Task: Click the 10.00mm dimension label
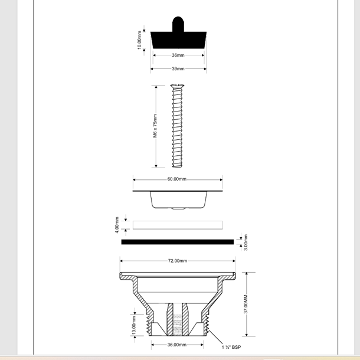(139, 40)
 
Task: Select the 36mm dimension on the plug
(178, 55)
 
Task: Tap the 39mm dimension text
(178, 69)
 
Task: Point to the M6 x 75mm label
(155, 126)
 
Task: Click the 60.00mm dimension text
(177, 179)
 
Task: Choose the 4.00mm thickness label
(117, 225)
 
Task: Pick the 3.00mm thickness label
(246, 242)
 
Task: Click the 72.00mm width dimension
(177, 261)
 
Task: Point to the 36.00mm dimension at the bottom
(177, 345)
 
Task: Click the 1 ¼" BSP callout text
(231, 347)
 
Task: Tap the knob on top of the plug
(178, 24)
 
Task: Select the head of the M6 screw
(178, 87)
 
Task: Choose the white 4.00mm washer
(178, 225)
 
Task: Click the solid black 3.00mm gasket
(178, 241)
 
